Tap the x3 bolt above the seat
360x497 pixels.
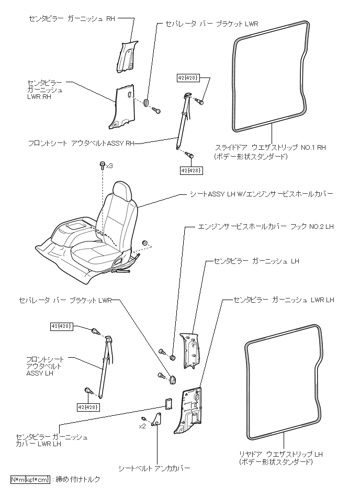(102, 165)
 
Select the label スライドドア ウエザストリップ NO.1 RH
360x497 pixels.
(271, 147)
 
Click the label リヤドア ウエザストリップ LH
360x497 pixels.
(280, 454)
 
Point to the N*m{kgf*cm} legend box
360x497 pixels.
(30, 479)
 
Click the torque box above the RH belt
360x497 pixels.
(188, 78)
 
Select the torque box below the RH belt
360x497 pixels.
(192, 171)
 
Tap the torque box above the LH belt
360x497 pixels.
(62, 326)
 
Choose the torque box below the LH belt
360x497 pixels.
(88, 407)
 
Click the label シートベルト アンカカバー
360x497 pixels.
(154, 468)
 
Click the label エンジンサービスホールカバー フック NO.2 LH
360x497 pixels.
(266, 227)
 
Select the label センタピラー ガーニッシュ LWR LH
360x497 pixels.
(284, 300)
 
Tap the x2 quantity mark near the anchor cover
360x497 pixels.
(142, 426)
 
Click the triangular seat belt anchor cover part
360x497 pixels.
(156, 419)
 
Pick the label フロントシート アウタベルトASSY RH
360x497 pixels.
(82, 143)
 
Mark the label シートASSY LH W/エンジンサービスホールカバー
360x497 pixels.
(262, 194)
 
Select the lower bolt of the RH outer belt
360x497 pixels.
(190, 155)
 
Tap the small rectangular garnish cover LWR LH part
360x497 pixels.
(168, 403)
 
